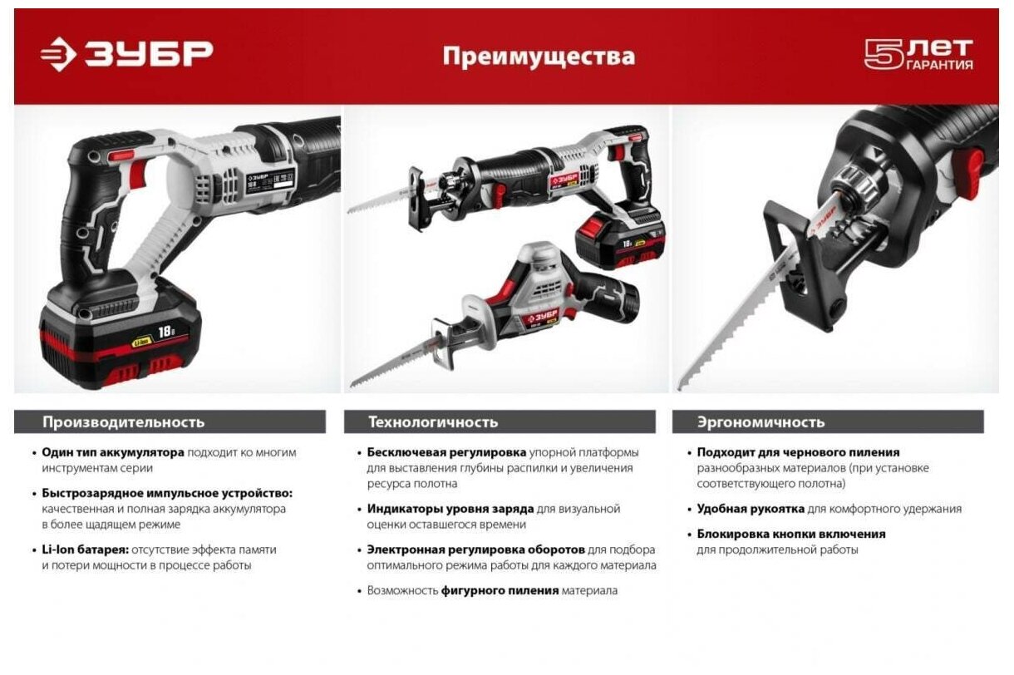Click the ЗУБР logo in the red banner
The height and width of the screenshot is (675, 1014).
click(x=126, y=54)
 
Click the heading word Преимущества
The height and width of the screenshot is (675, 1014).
click(x=539, y=57)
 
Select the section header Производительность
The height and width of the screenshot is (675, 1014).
click(x=124, y=422)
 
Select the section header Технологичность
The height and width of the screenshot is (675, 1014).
click(x=433, y=422)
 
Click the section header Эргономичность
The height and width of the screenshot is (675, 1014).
click(x=761, y=422)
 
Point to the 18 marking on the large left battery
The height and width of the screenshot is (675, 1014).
click(x=166, y=332)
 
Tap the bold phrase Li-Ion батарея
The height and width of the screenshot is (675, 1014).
click(x=86, y=549)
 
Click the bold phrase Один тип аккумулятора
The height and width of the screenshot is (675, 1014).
click(x=113, y=452)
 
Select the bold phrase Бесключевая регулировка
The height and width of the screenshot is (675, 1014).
click(x=447, y=452)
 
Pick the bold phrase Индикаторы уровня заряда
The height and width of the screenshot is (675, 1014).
click(x=450, y=509)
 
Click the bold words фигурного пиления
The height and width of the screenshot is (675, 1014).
click(x=500, y=591)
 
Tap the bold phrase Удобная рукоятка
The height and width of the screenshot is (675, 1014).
click(x=751, y=509)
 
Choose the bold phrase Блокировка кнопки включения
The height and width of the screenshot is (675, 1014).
click(x=791, y=535)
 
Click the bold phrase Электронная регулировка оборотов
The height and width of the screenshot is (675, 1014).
click(x=475, y=549)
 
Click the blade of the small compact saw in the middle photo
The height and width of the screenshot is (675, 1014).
click(x=395, y=361)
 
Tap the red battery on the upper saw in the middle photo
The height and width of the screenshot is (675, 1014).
click(x=621, y=242)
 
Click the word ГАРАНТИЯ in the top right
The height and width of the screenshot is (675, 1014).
click(x=940, y=66)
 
